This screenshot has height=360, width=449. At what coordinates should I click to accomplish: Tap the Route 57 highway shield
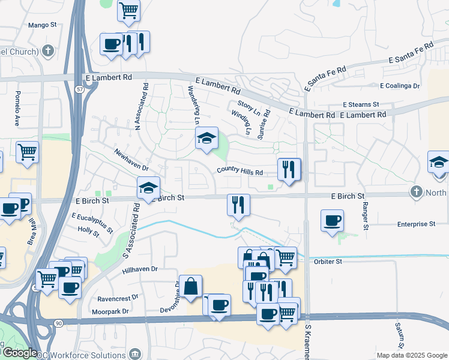tap(80, 89)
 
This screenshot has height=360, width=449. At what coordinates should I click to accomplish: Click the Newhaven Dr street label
tap(130, 160)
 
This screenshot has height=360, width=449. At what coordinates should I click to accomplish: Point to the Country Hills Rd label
tap(240, 172)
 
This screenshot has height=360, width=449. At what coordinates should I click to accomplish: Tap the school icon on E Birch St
tap(149, 188)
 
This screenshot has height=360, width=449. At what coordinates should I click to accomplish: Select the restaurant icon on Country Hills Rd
tap(289, 170)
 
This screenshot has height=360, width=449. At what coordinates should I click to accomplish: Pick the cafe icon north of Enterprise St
tap(332, 220)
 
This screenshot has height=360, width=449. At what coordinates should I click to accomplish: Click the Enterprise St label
tap(416, 224)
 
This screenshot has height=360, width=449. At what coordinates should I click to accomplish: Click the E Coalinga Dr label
tap(399, 86)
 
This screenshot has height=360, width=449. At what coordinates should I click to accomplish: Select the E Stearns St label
tap(361, 104)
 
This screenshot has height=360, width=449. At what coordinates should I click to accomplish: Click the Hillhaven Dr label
tap(139, 270)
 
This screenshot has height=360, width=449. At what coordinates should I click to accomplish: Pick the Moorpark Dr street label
tap(110, 311)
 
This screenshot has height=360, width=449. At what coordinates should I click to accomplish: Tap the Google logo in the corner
tap(19, 353)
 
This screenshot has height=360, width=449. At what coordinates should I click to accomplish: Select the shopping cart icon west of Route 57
tap(28, 152)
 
